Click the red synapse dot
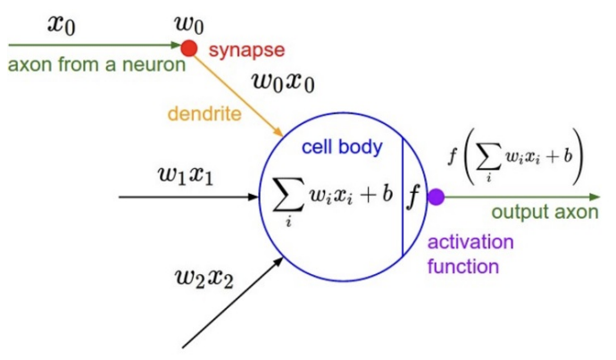188,47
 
